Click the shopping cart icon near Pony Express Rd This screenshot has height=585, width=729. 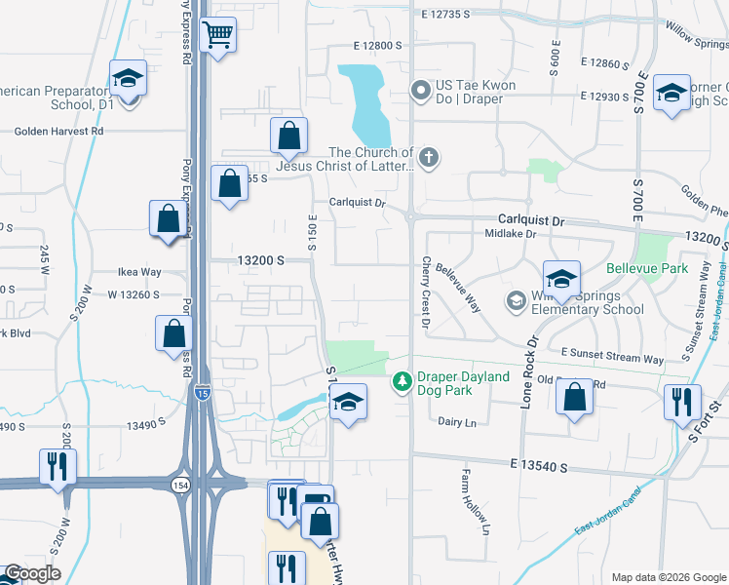pyautogui.click(x=218, y=35)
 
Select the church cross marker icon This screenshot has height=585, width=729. pyautogui.click(x=427, y=156)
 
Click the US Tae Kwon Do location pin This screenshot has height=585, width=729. pyautogui.click(x=421, y=92)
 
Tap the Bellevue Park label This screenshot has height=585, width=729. pyautogui.click(x=646, y=268)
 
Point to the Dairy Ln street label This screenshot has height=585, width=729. pyautogui.click(x=456, y=421)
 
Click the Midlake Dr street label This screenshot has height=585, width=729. pyautogui.click(x=511, y=234)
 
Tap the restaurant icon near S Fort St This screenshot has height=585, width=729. pyautogui.click(x=681, y=402)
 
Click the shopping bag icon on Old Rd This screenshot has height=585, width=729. pyautogui.click(x=574, y=397)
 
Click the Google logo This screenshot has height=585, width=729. pyautogui.click(x=31, y=573)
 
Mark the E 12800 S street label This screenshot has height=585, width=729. pyautogui.click(x=378, y=46)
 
